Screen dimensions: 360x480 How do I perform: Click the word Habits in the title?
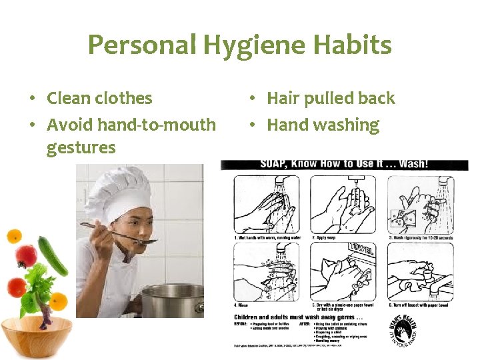coord(351,45)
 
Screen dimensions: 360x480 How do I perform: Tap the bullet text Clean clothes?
coord(99,98)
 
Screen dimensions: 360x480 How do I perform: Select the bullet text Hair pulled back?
coord(331,98)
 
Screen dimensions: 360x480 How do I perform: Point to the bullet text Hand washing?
coord(323,125)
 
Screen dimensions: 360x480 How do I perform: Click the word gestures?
coord(81,147)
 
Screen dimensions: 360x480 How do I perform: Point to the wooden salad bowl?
coord(37,337)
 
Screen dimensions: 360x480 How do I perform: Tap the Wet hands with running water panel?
coord(267,205)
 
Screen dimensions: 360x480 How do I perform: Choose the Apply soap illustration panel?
coord(343,205)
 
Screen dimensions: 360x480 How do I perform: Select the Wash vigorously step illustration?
coord(420,205)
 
